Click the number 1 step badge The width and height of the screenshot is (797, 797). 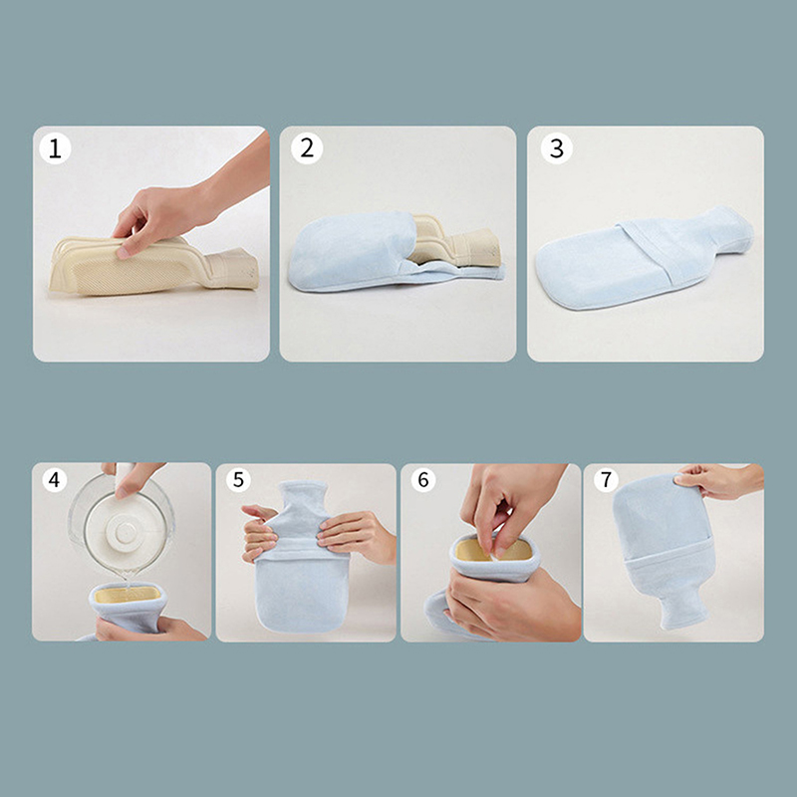click(x=55, y=148)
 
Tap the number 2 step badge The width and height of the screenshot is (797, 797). click(x=307, y=148)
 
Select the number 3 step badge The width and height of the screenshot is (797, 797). click(x=557, y=148)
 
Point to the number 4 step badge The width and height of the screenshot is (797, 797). click(x=55, y=479)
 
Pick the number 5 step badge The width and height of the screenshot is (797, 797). click(x=238, y=480)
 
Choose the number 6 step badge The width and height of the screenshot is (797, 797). click(x=423, y=480)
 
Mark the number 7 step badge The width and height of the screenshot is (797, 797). click(x=606, y=480)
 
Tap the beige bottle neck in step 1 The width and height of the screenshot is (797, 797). click(x=231, y=268)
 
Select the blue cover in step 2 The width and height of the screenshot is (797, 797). click(x=366, y=254)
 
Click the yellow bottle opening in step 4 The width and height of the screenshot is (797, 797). click(x=128, y=594)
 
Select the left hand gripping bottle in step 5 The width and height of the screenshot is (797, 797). click(x=260, y=534)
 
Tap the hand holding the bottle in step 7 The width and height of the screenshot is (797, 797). click(x=719, y=480)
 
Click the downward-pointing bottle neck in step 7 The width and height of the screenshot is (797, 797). click(x=682, y=608)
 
